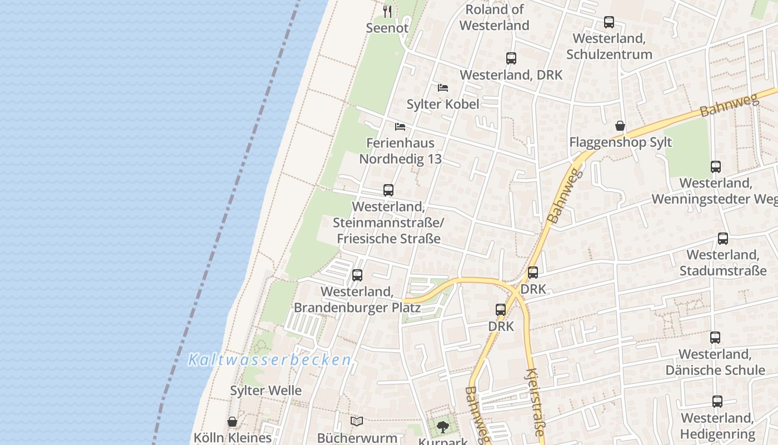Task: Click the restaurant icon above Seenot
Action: click(x=387, y=11)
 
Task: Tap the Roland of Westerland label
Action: click(x=494, y=17)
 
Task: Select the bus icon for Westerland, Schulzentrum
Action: click(x=609, y=22)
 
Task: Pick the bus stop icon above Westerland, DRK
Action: click(x=511, y=58)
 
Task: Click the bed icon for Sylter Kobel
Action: click(x=443, y=88)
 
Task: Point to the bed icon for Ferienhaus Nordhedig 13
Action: click(x=400, y=127)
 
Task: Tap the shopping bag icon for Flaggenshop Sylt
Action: click(x=620, y=126)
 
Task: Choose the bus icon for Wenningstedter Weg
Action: click(x=716, y=167)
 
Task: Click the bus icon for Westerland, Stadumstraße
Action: click(x=723, y=239)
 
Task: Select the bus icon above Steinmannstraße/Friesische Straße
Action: click(x=388, y=190)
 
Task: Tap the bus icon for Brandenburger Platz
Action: click(x=357, y=275)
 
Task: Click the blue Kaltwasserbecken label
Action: click(x=270, y=360)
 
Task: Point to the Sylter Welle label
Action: click(x=266, y=390)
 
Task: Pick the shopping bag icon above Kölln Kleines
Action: click(x=232, y=422)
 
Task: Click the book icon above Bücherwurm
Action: click(x=357, y=422)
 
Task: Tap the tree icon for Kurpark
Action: click(x=443, y=427)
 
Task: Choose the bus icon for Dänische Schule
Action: click(x=715, y=338)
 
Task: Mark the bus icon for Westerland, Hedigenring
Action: click(x=717, y=402)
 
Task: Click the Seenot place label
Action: click(x=387, y=28)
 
